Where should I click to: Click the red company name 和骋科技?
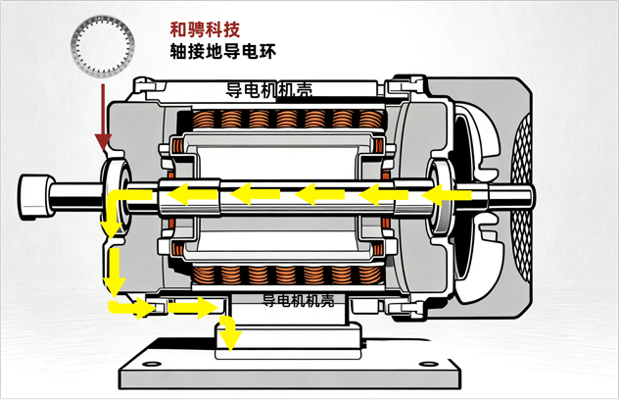[x=205, y=30]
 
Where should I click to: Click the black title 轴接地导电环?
[x=222, y=52]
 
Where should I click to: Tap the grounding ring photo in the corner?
[x=103, y=45]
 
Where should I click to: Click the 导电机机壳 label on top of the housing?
[x=268, y=90]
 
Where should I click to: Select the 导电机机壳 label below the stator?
[x=299, y=301]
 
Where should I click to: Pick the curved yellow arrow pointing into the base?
[x=228, y=332]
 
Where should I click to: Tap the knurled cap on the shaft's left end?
[x=35, y=197]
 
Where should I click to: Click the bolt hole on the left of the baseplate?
[x=152, y=364]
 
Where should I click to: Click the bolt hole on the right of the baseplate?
[x=429, y=364]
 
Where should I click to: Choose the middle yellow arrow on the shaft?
[x=319, y=194]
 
